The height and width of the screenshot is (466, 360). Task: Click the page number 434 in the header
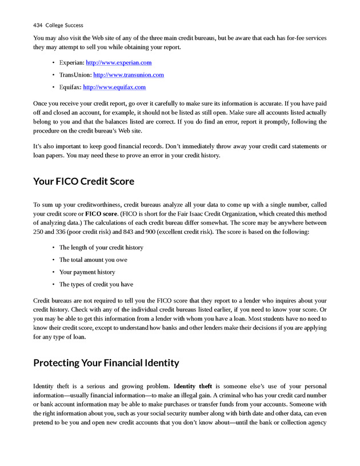(x=38, y=25)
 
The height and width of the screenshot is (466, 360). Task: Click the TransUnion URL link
(x=128, y=75)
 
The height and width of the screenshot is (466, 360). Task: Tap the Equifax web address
(x=114, y=87)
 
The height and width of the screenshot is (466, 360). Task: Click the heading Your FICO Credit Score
(x=83, y=181)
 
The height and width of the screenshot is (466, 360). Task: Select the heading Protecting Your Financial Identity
(x=106, y=363)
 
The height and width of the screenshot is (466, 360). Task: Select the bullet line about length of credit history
(x=101, y=248)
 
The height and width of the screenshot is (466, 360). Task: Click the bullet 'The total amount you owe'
(x=93, y=260)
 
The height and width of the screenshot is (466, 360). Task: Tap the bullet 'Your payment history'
(x=87, y=272)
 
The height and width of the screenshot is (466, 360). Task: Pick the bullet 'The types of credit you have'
(x=96, y=284)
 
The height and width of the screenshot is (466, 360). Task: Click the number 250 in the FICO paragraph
(x=39, y=233)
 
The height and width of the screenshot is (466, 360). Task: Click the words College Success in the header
(x=64, y=25)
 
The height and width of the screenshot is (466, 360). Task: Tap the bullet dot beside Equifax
(x=53, y=87)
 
